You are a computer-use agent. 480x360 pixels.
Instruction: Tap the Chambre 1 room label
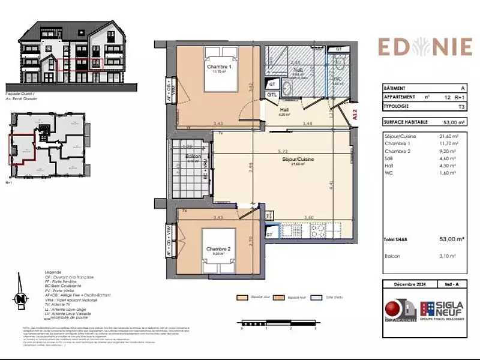tap(219, 67)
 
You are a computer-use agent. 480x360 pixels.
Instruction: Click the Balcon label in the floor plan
tap(193, 157)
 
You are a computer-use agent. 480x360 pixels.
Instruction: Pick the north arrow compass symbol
tap(20, 298)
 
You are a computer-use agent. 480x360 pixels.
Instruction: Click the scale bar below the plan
tap(278, 324)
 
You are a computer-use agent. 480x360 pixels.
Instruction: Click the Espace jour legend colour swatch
tap(242, 297)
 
